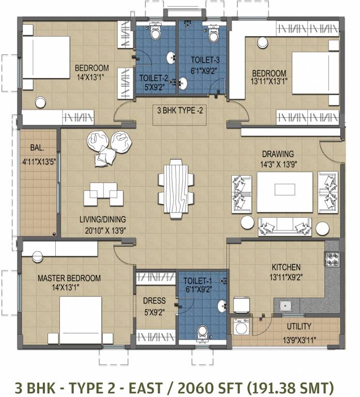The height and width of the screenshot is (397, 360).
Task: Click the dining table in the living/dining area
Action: coord(176,189)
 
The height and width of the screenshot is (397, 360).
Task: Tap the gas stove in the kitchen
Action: coord(332,259)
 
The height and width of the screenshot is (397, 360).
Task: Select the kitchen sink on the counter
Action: coord(286,306)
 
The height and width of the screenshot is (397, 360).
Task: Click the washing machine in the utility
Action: coord(241,327)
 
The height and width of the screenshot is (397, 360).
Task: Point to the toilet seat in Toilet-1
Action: coord(202,332)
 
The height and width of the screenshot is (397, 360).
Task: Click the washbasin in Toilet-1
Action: coord(222,307)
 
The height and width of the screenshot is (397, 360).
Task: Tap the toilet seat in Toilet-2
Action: coord(155,32)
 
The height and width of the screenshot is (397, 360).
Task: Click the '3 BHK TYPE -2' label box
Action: coord(180,115)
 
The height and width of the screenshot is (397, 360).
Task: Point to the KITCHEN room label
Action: coord(286,267)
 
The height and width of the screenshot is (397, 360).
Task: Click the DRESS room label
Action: coord(154,300)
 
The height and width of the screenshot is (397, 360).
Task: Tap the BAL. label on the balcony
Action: coord(37,148)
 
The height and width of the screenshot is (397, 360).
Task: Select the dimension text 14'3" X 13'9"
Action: coord(278,164)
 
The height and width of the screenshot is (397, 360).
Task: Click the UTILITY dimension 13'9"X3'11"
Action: coord(299,340)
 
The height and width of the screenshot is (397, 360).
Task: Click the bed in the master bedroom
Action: coord(81,320)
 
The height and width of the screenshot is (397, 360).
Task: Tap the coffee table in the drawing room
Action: coord(285,192)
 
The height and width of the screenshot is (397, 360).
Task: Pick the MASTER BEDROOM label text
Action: coord(69,278)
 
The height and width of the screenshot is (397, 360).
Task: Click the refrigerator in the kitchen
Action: coord(241,305)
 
